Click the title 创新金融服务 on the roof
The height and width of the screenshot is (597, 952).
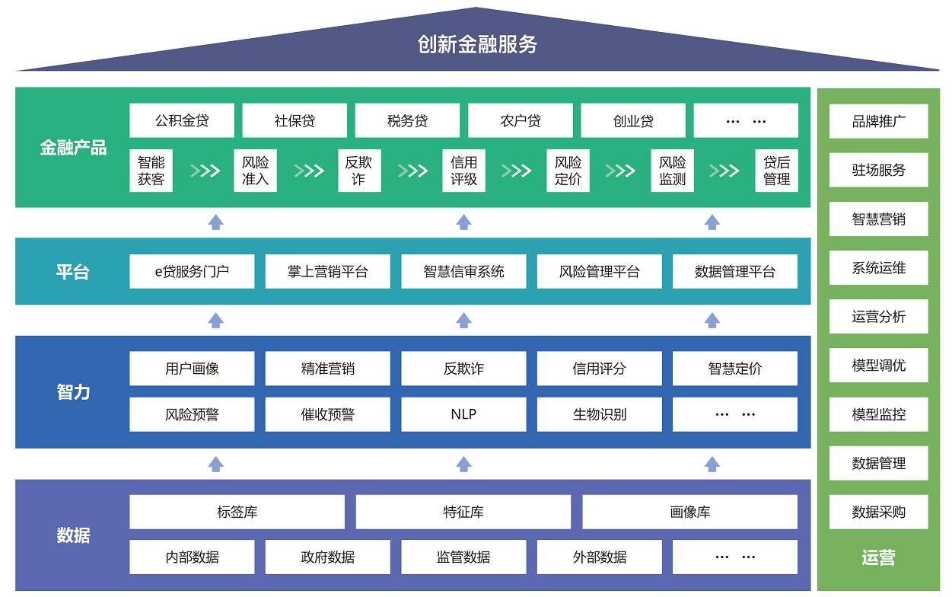pyautogui.click(x=477, y=44)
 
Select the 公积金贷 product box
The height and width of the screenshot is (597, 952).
pyautogui.click(x=182, y=120)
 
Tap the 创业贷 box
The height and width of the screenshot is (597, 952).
pyautogui.click(x=633, y=120)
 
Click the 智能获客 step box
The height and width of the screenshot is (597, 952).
pyautogui.click(x=151, y=171)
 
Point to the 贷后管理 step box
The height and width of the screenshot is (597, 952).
pyautogui.click(x=776, y=171)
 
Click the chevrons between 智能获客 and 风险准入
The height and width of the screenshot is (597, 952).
pyautogui.click(x=205, y=171)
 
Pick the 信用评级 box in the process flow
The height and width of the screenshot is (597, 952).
pyautogui.click(x=463, y=171)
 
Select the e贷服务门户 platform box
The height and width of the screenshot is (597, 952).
pyautogui.click(x=192, y=272)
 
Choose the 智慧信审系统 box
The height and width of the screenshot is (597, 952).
pyautogui.click(x=463, y=272)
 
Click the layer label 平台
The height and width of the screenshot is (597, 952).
pyautogui.click(x=73, y=272)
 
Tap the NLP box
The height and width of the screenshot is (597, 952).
pyautogui.click(x=463, y=414)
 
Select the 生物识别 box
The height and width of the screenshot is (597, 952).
pyautogui.click(x=600, y=414)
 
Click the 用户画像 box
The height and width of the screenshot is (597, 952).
pyautogui.click(x=192, y=369)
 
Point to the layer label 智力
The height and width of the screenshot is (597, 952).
pyautogui.click(x=73, y=392)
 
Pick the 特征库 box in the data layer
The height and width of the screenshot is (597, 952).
pyautogui.click(x=463, y=512)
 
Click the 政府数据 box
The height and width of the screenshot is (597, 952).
pyautogui.click(x=327, y=557)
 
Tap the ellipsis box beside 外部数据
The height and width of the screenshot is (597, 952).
pyautogui.click(x=735, y=557)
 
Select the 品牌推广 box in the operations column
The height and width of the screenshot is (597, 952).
pyautogui.click(x=878, y=121)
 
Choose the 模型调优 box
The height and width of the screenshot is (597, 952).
pyautogui.click(x=878, y=366)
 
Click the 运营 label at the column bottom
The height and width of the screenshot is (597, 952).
pyautogui.click(x=878, y=558)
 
